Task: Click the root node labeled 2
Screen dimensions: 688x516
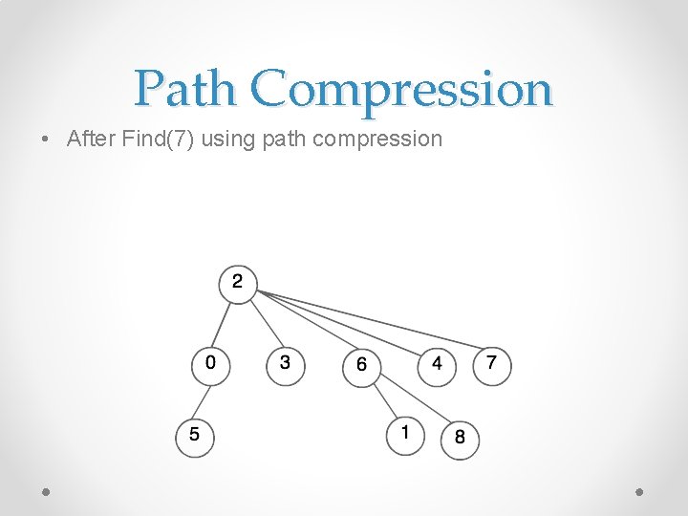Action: point(238,283)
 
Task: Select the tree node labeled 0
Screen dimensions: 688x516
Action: point(210,364)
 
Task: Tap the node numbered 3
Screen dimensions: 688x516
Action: point(285,364)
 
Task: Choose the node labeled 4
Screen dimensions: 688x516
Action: point(437,364)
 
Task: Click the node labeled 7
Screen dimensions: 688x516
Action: point(492,364)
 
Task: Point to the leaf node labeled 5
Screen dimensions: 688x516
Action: point(195,436)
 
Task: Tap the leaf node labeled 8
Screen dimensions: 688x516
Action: point(460,439)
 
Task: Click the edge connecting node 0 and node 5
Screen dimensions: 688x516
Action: point(203,399)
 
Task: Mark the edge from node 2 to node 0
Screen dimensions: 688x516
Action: point(225,323)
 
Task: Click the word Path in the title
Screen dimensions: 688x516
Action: point(184,89)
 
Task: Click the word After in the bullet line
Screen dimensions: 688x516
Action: point(91,139)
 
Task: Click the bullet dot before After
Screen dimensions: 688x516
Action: point(47,140)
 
